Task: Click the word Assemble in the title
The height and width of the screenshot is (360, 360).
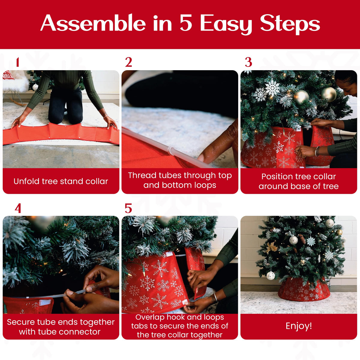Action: pos(93,23)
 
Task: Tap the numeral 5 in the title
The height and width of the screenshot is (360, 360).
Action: pos(186,23)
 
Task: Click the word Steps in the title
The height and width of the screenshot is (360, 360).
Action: pos(290,24)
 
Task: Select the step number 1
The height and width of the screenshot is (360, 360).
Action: pos(18,62)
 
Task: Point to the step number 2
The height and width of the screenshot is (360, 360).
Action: pos(128,62)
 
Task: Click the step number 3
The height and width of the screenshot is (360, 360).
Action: pos(248,62)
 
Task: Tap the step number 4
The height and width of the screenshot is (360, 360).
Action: pos(18,208)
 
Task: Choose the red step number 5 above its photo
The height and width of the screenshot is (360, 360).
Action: pos(128,208)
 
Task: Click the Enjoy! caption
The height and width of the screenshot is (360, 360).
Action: pos(299,326)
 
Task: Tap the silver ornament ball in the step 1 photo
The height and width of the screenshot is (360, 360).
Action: pos(35,87)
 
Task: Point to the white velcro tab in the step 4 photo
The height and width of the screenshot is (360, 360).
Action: pos(46,302)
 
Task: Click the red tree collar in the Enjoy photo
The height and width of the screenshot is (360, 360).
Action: pos(304,289)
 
